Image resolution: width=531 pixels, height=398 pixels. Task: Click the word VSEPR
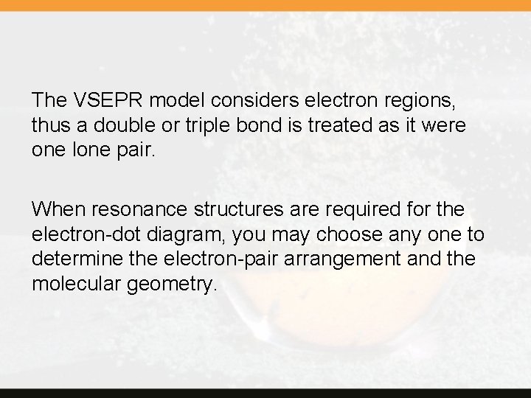pyautogui.click(x=100, y=99)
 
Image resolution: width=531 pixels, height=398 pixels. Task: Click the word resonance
pyautogui.click(x=137, y=209)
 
